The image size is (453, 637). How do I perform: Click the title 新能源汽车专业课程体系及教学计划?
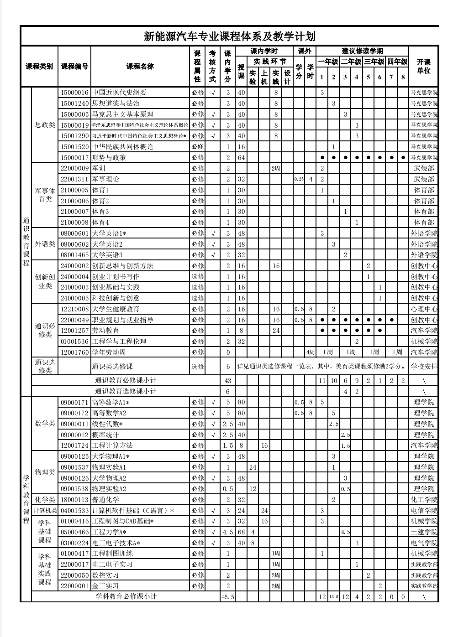[x=229, y=36]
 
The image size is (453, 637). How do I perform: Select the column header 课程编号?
[x=74, y=67]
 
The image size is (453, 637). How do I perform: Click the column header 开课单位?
[x=423, y=67]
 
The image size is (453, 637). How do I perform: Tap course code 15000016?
[x=74, y=93]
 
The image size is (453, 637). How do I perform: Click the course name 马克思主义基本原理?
[x=123, y=114]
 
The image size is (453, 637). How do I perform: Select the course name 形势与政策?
[x=109, y=158]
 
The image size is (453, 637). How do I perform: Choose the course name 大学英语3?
[x=108, y=255]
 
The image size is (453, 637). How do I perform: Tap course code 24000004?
[x=74, y=277]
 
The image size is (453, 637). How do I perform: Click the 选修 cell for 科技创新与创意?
[x=198, y=298]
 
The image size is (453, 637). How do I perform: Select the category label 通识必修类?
[x=45, y=331]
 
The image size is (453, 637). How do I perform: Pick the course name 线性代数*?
[x=108, y=424]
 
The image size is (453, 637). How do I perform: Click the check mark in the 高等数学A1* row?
[x=213, y=402]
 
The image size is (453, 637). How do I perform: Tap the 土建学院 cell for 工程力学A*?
[x=424, y=532]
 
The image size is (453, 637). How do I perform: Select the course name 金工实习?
[x=105, y=586]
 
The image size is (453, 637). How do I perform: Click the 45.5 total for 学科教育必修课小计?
[x=228, y=597]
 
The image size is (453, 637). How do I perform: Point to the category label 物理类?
[x=45, y=472]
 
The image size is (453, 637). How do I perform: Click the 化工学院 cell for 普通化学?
[x=424, y=500]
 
